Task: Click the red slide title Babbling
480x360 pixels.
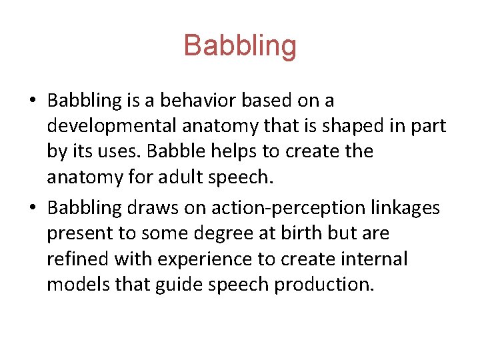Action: click(240, 46)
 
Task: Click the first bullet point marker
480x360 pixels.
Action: click(31, 101)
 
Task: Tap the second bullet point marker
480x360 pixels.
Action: click(31, 209)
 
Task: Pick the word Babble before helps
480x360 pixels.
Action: click(172, 152)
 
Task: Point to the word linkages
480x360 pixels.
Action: click(407, 209)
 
